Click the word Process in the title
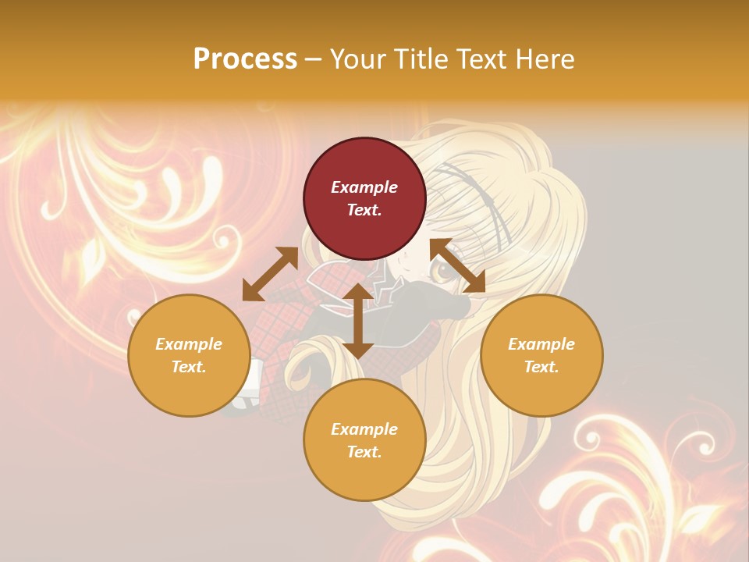(x=245, y=59)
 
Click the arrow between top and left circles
(x=270, y=274)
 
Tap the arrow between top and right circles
(x=457, y=265)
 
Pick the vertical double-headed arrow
(x=357, y=321)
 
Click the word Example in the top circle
(x=364, y=187)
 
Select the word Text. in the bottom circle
(x=364, y=452)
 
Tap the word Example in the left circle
(x=189, y=344)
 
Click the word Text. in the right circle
(x=541, y=367)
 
